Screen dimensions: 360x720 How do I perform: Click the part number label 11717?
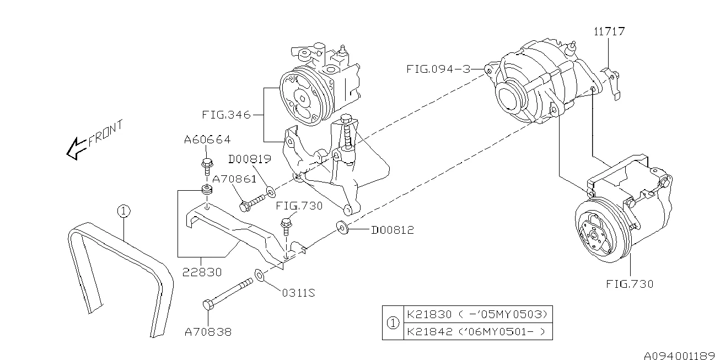point(609,31)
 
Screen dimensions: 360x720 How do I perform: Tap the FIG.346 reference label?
point(226,115)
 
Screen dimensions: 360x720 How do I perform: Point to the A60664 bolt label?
point(207,140)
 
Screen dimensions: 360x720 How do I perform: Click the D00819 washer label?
point(250,159)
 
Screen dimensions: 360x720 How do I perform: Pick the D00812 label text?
point(392,229)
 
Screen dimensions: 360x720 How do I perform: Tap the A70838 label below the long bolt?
point(208,332)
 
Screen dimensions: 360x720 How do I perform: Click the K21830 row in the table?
point(477,314)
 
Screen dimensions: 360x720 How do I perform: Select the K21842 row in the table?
point(477,331)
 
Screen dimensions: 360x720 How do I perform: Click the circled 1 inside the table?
point(393,323)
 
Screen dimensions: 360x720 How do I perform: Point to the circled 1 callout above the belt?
point(124,211)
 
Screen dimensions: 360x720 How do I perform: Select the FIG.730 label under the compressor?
point(629,284)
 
